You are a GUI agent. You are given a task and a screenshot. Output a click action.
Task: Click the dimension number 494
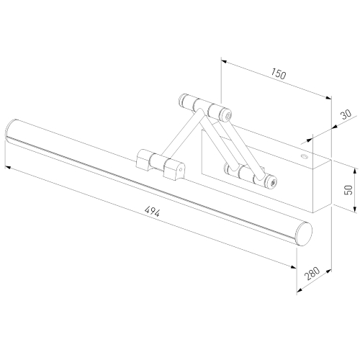[x=151, y=212]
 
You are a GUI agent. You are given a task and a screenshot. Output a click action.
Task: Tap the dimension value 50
[x=349, y=189]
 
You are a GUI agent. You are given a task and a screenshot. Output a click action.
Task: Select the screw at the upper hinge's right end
[x=228, y=114]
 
